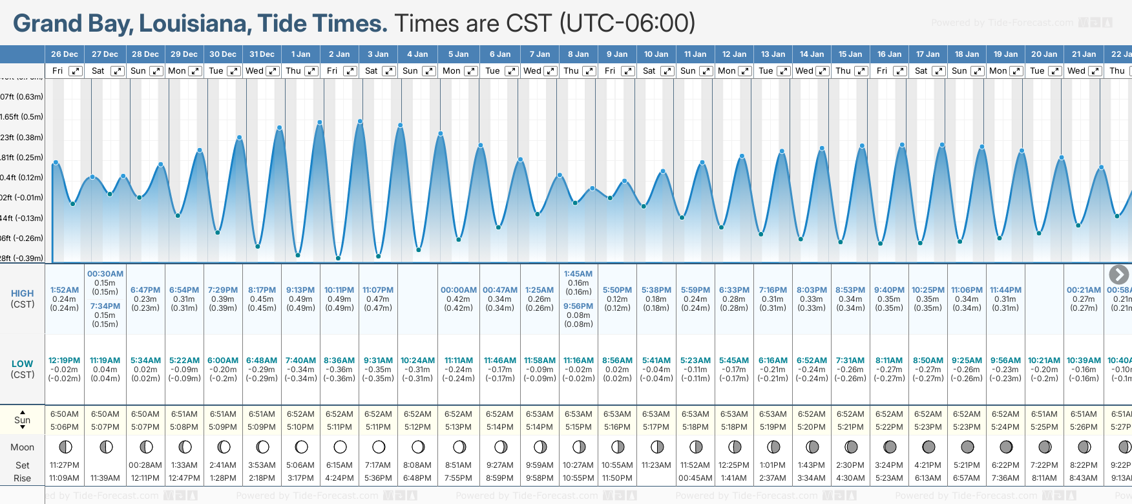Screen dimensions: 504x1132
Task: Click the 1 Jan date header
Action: (300, 54)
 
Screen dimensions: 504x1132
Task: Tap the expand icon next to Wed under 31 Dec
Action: (273, 71)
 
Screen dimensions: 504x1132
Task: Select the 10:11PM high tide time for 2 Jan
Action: (339, 290)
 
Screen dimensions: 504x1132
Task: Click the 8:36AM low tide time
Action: (339, 361)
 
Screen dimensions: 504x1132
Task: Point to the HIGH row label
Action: (23, 293)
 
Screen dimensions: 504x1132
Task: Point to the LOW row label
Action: (23, 364)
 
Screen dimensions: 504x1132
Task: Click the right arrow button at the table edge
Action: (1118, 275)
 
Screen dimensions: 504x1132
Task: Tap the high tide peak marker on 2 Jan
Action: (320, 122)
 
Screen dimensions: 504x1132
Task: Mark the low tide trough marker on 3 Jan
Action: (379, 257)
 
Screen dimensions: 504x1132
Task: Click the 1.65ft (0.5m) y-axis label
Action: (22, 117)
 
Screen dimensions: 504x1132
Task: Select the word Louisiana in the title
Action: (194, 23)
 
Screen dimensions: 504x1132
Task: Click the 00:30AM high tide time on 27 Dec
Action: (105, 274)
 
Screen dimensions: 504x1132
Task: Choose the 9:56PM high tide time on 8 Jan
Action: (578, 306)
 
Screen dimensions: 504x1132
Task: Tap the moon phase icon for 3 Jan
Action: (379, 446)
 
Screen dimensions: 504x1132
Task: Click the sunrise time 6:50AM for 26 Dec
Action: (65, 414)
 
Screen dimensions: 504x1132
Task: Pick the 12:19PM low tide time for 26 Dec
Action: (65, 361)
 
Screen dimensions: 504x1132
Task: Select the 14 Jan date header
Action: (812, 54)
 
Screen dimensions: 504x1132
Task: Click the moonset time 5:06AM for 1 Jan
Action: (300, 465)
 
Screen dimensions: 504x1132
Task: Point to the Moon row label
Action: (23, 447)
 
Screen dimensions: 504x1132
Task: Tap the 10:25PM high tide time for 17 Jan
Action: (928, 290)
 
